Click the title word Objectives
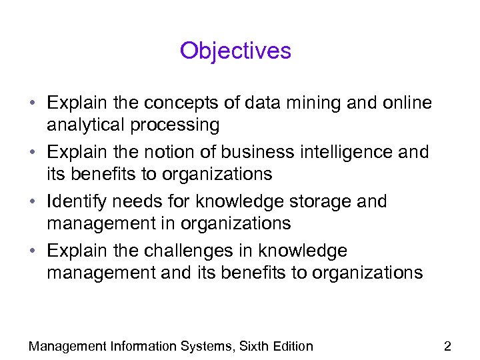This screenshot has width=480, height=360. (235, 51)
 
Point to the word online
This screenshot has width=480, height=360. (404, 103)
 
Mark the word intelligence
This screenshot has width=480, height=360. (346, 152)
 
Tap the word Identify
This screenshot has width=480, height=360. (73, 201)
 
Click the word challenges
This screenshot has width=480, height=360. (192, 251)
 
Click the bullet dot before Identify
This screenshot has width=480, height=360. (33, 202)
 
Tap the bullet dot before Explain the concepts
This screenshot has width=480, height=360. (33, 104)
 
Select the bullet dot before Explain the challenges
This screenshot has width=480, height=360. (33, 251)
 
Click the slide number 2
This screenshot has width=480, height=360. (447, 346)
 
